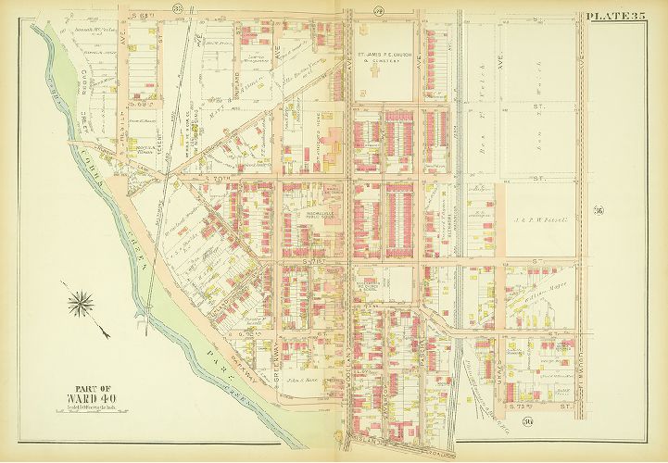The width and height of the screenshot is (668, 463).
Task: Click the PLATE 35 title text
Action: click(616, 15)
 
